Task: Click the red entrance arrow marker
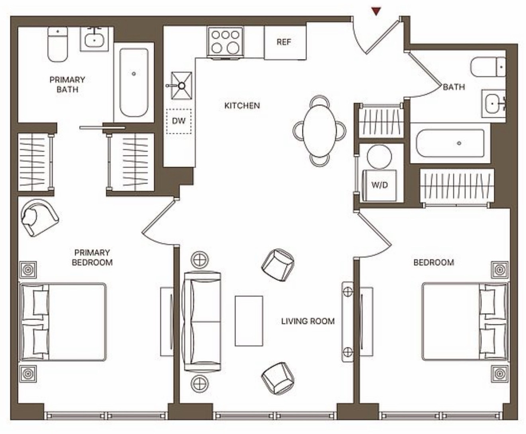click(377, 11)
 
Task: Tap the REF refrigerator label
click(284, 42)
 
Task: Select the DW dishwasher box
click(178, 121)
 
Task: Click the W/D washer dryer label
click(380, 185)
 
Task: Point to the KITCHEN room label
click(242, 105)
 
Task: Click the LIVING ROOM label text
click(308, 321)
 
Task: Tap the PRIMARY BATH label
click(67, 85)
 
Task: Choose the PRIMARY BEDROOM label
click(92, 257)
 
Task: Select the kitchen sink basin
click(181, 86)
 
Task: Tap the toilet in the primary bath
click(58, 44)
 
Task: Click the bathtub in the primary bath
click(134, 82)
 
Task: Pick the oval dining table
click(320, 131)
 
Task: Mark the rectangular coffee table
click(249, 321)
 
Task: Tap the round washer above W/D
click(379, 156)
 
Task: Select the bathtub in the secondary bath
click(450, 143)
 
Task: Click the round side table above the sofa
click(200, 260)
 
